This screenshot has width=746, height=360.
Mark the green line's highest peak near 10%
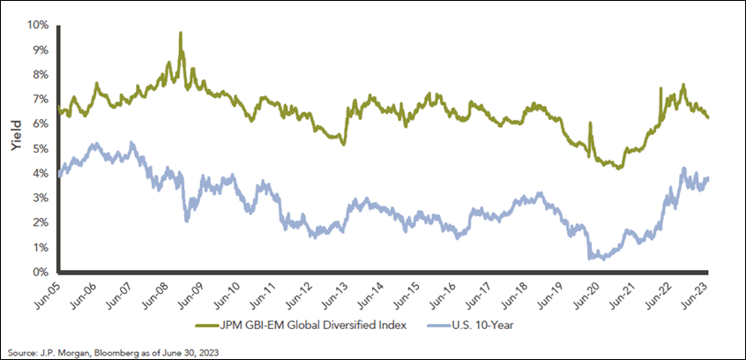point(181,34)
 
